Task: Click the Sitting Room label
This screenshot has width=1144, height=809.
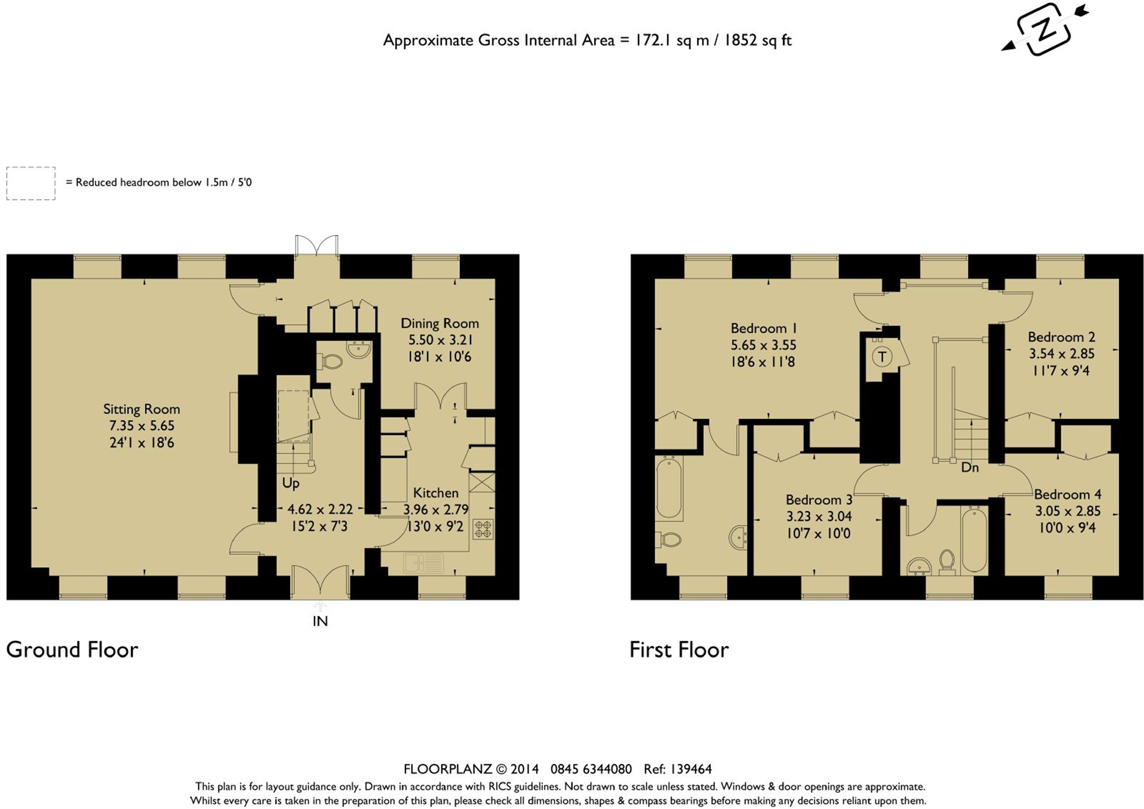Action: click(141, 409)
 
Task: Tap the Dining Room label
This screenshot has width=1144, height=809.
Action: click(440, 323)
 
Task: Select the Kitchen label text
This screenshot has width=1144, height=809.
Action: click(436, 493)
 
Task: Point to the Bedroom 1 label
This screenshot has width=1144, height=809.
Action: click(763, 328)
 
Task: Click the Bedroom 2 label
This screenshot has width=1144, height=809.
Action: click(1061, 337)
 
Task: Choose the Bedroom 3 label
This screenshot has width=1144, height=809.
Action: click(819, 500)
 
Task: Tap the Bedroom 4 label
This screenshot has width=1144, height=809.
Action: click(1067, 495)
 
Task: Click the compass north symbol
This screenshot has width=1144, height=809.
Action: click(1044, 29)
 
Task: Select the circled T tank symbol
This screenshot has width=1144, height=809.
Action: click(882, 357)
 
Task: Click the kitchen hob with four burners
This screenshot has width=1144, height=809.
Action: click(483, 529)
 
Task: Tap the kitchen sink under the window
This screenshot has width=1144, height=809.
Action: click(423, 563)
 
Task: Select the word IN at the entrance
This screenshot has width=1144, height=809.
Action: click(320, 621)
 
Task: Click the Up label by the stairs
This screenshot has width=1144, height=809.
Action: click(291, 484)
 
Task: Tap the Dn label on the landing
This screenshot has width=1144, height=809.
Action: click(970, 468)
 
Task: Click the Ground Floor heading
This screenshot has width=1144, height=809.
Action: click(72, 650)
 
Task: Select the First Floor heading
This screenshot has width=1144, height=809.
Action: click(679, 650)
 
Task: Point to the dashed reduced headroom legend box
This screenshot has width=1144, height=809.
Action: click(31, 183)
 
